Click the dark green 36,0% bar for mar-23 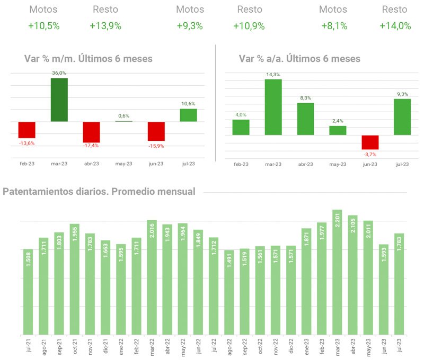click(x=59, y=100)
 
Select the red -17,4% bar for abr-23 click(x=91, y=132)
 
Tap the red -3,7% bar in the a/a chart click(x=370, y=142)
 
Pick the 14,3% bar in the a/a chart click(x=273, y=107)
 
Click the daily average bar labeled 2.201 click(x=337, y=272)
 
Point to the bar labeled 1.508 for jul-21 click(x=28, y=292)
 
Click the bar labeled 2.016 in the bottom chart click(x=152, y=277)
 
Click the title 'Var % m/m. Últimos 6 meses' click(x=88, y=59)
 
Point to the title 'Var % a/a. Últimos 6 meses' click(x=299, y=59)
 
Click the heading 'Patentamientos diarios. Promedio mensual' click(x=99, y=191)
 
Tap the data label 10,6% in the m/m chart click(x=188, y=104)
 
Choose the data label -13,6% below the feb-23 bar click(x=26, y=143)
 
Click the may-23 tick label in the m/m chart click(x=123, y=164)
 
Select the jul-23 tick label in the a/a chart click(x=402, y=164)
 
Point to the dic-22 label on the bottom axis click(x=291, y=347)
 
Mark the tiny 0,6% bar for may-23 click(x=123, y=121)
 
